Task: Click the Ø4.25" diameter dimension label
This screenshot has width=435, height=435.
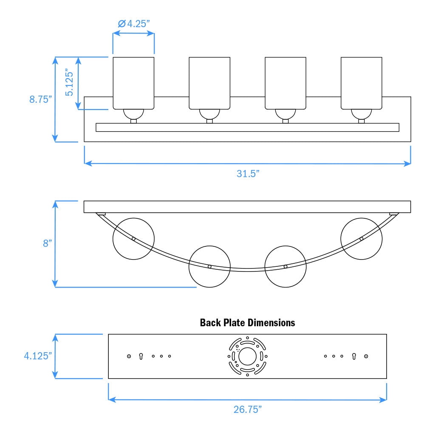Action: pyautogui.click(x=134, y=24)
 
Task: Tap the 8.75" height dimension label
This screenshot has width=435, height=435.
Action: pyautogui.click(x=40, y=99)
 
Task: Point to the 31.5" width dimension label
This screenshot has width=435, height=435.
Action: pyautogui.click(x=248, y=174)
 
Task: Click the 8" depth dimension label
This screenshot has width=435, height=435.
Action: pyautogui.click(x=48, y=243)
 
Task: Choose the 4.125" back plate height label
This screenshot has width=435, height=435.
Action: pyautogui.click(x=38, y=356)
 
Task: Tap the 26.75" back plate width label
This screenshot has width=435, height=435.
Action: pyautogui.click(x=248, y=410)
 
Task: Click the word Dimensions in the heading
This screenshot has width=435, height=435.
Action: pyautogui.click(x=271, y=323)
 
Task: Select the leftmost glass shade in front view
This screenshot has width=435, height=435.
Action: pyautogui.click(x=133, y=83)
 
